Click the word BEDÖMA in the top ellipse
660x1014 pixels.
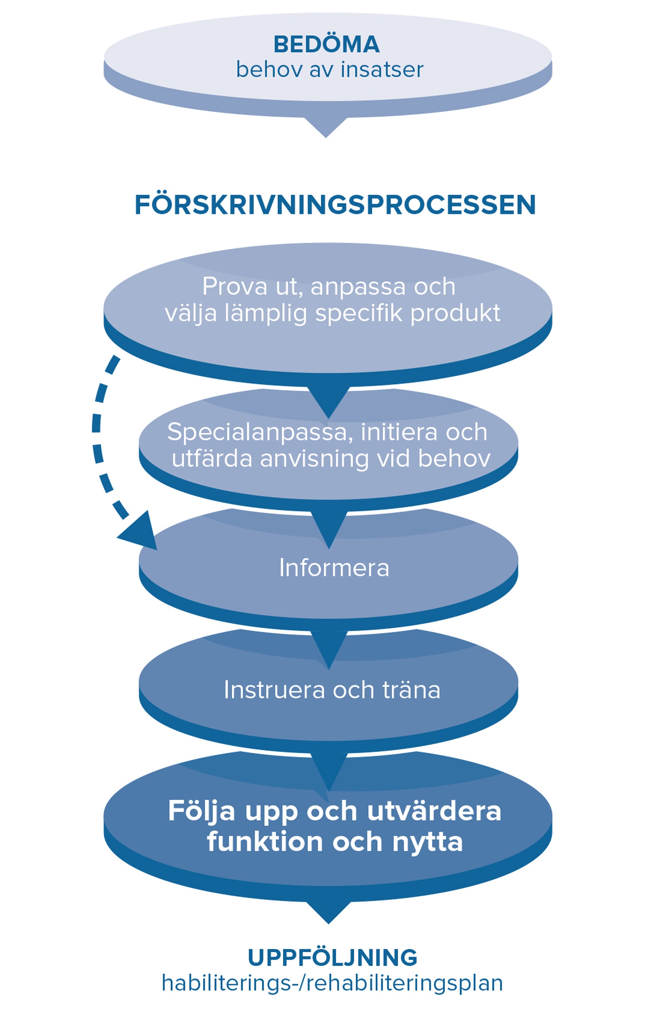326,44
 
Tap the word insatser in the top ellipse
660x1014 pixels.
382,70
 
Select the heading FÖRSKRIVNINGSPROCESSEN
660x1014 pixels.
335,205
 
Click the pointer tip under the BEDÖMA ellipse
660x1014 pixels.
326,137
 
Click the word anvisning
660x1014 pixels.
315,459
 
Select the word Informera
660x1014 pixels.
334,568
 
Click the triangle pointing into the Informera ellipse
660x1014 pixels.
329,530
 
